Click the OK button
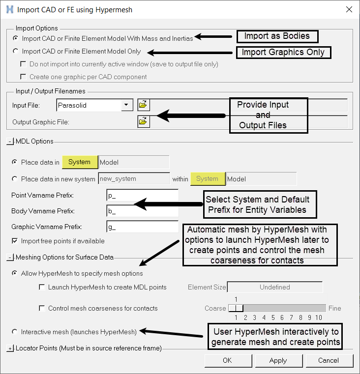(227, 360)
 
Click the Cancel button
(329, 360)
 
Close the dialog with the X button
(349, 9)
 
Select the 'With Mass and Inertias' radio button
(16, 38)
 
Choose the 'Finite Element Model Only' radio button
(16, 51)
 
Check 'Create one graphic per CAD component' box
(23, 77)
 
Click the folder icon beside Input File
(144, 105)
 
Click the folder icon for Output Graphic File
(144, 121)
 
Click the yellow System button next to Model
(79, 162)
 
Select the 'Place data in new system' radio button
(15, 179)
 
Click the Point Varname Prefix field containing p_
(142, 196)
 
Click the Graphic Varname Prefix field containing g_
(142, 227)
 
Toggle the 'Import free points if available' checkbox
(15, 241)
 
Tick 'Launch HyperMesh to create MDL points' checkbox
(42, 287)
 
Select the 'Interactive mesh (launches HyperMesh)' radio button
(15, 332)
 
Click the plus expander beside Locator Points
(10, 348)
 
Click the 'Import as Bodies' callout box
(277, 36)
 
